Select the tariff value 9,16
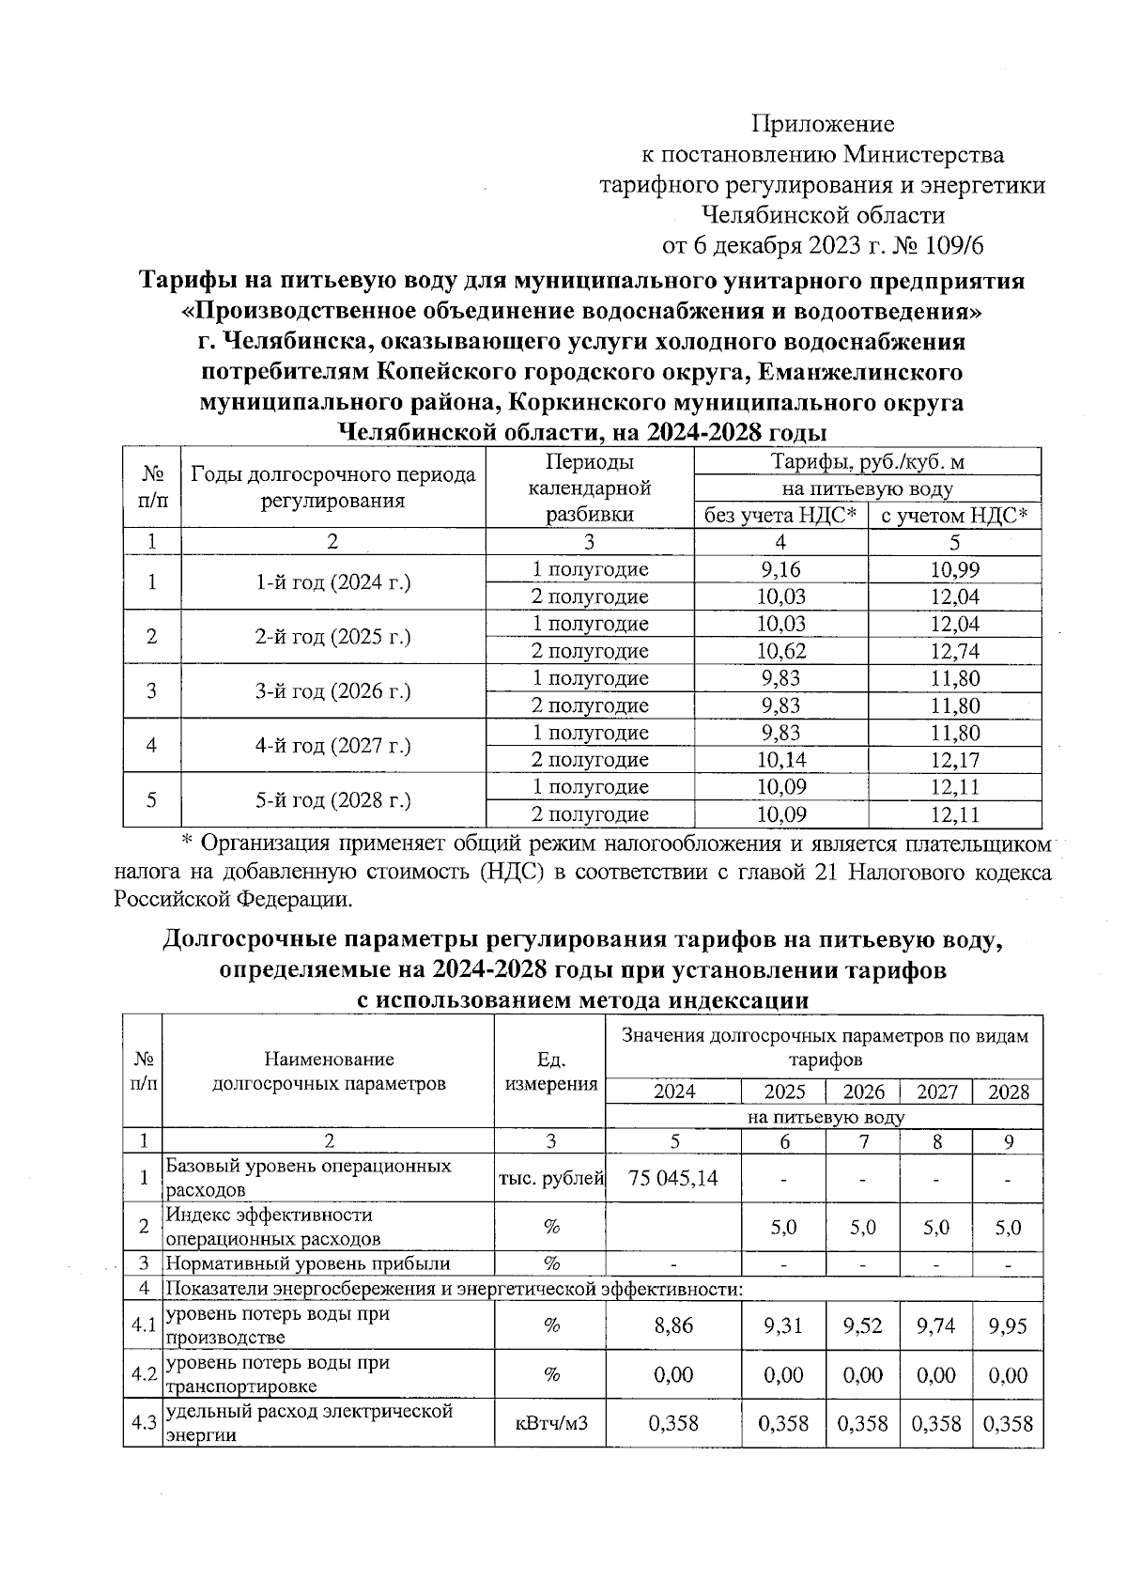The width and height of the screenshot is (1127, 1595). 780,569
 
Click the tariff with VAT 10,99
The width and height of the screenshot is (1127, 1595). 955,569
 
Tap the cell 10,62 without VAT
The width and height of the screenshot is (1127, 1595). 780,651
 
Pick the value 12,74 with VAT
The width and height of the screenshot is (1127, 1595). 955,651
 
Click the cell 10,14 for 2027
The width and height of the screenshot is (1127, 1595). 780,759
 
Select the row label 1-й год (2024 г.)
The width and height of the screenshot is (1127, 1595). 332,582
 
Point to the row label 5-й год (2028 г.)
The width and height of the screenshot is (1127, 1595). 332,800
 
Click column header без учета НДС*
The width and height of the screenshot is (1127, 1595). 780,516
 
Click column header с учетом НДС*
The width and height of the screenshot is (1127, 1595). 955,516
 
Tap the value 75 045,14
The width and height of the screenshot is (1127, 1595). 673,1178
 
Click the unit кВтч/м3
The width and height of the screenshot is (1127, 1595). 550,1423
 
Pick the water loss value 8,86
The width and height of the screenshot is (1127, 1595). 673,1325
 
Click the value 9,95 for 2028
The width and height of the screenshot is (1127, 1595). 1009,1325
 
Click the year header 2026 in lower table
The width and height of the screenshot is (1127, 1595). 863,1092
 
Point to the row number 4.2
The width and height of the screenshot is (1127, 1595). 143,1374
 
